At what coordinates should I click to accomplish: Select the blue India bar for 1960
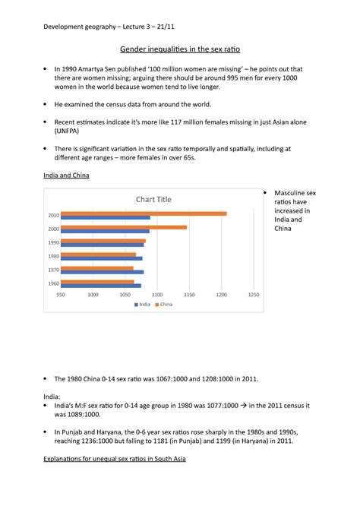[x=100, y=286]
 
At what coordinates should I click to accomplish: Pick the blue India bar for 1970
[x=102, y=272]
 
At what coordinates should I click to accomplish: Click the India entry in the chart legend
[x=143, y=305]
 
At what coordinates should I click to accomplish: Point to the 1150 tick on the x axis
[x=189, y=295]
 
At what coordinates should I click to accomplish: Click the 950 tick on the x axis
[x=60, y=295]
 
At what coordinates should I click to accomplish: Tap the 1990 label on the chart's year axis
[x=53, y=242]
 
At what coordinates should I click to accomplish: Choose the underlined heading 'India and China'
[x=68, y=176]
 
